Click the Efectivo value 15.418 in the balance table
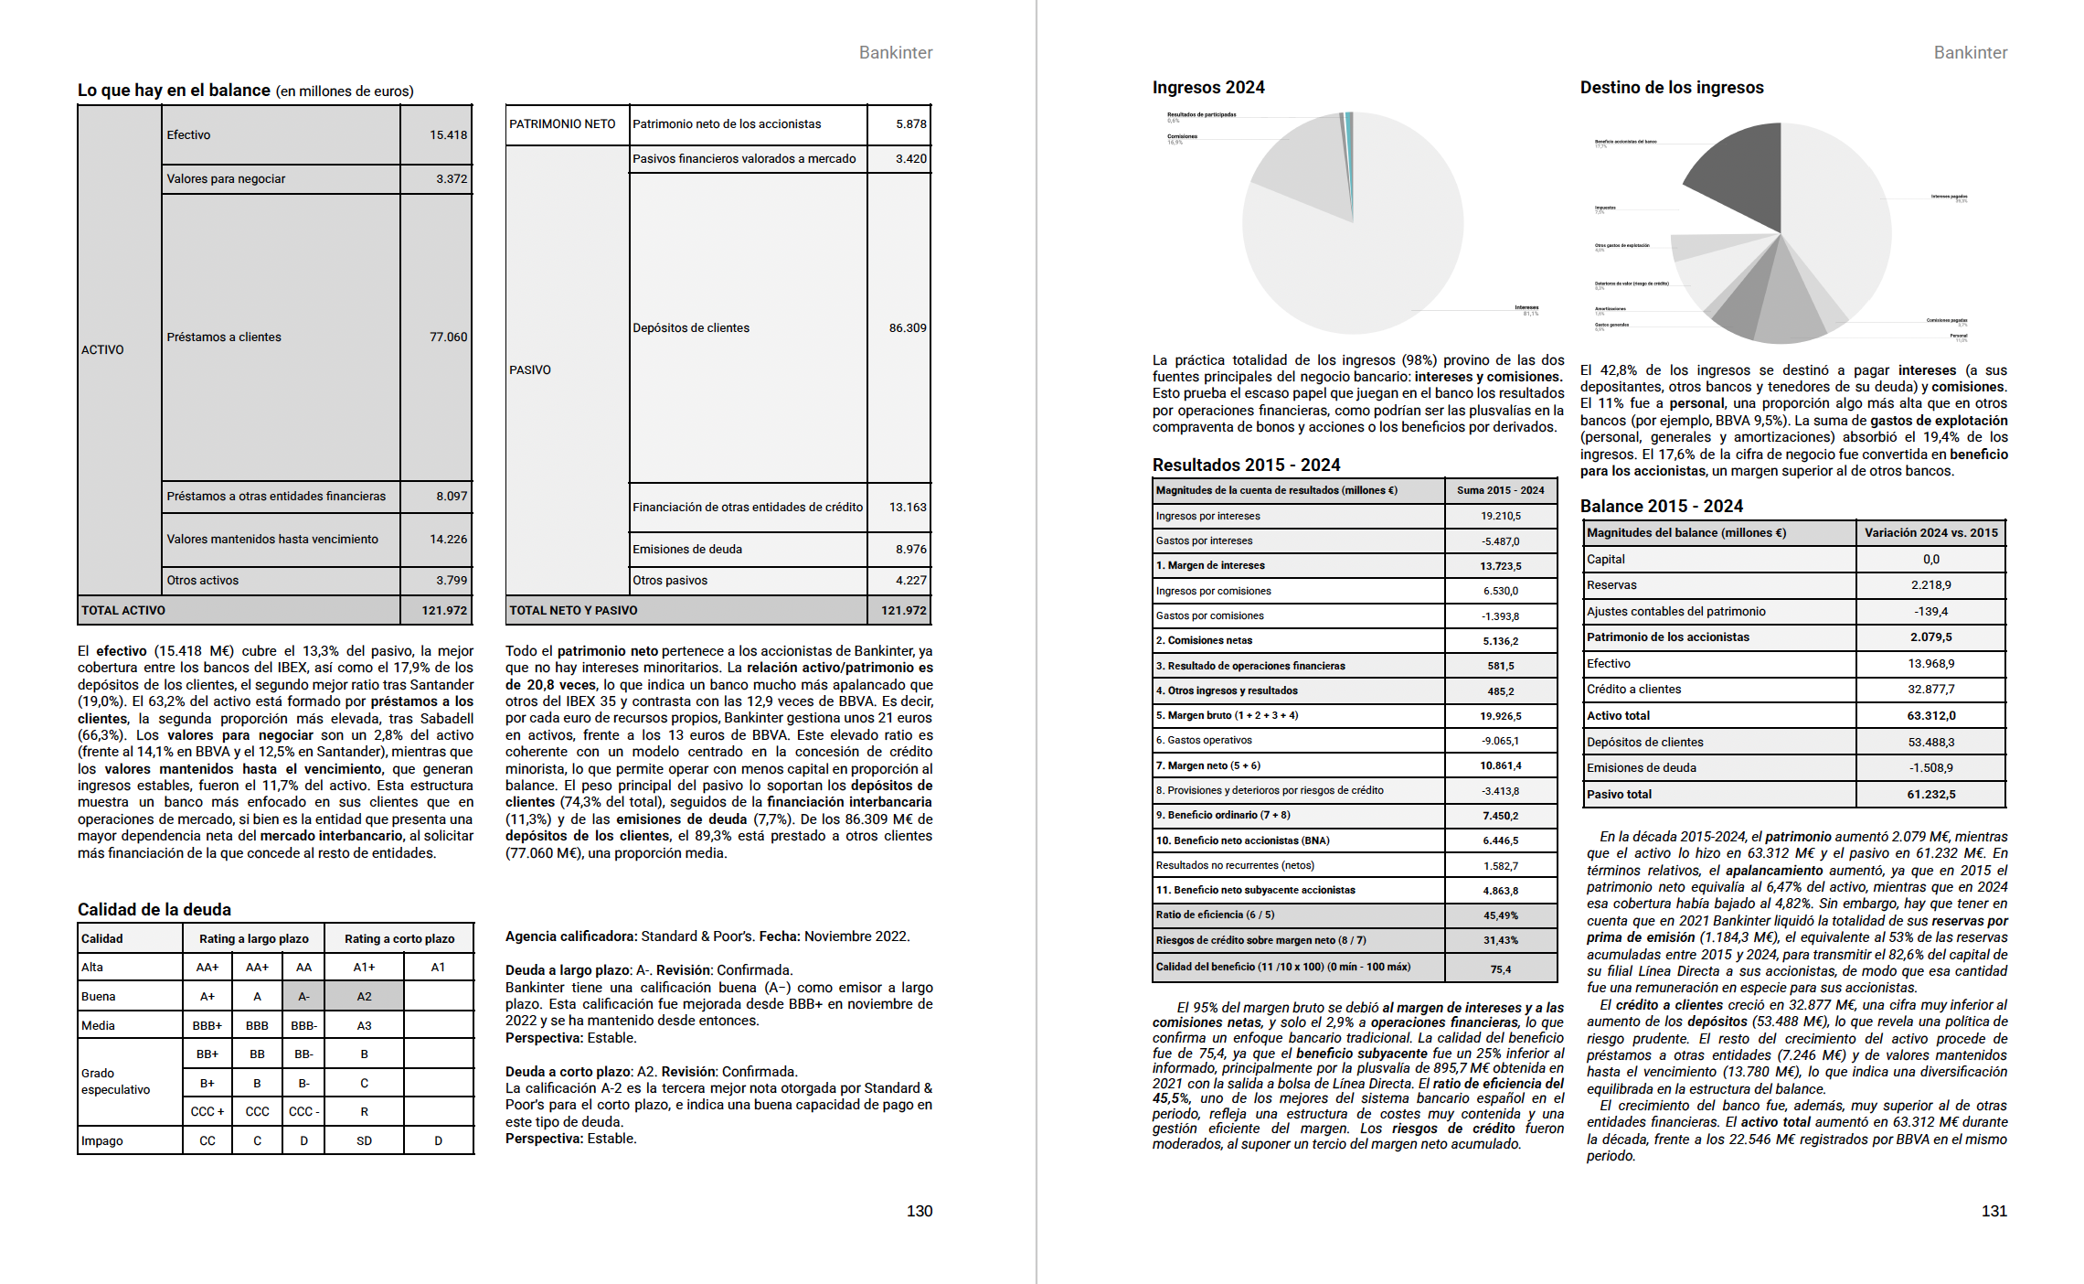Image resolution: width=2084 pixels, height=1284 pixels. pyautogui.click(x=448, y=135)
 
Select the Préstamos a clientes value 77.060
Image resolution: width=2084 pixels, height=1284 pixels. pyautogui.click(x=448, y=337)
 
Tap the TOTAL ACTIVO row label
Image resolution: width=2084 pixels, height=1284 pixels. pyautogui.click(x=123, y=611)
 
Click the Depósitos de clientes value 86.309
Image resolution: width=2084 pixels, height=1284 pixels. pyautogui.click(x=907, y=328)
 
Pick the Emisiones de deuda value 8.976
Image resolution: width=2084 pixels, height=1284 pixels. pyautogui.click(x=910, y=550)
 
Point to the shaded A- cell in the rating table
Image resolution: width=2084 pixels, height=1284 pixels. pyautogui.click(x=303, y=997)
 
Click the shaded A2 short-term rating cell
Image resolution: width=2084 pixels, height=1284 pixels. pyautogui.click(x=364, y=997)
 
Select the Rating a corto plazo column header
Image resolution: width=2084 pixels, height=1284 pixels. pyautogui.click(x=399, y=939)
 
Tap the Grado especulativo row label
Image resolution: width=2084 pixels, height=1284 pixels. pyautogui.click(x=115, y=1082)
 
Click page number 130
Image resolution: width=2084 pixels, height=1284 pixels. pyautogui.click(x=919, y=1212)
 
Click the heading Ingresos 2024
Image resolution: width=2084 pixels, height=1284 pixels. pyautogui.click(x=1207, y=88)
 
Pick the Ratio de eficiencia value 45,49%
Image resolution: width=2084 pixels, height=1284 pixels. pyautogui.click(x=1500, y=915)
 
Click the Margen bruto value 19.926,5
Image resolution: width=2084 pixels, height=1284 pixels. pyautogui.click(x=1500, y=716)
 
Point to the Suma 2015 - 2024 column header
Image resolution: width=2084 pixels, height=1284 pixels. pyautogui.click(x=1500, y=491)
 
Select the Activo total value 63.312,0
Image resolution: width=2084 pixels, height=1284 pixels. pyautogui.click(x=1930, y=716)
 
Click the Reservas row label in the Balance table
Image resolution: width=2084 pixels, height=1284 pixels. pyautogui.click(x=1611, y=585)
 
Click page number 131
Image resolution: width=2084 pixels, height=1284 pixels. pyautogui.click(x=1994, y=1212)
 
